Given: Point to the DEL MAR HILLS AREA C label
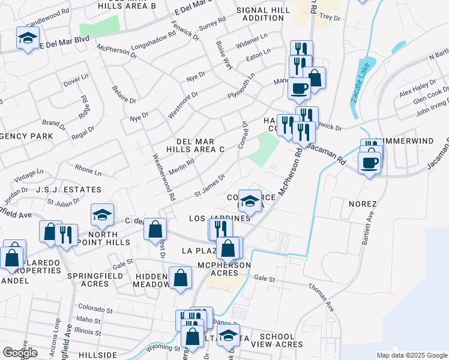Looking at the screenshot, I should (196, 145).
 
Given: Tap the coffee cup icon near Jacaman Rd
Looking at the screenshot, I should (370, 163).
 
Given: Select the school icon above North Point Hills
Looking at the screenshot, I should (102, 214).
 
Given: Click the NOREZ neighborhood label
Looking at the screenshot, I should (363, 204).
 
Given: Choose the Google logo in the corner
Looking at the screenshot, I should (20, 353).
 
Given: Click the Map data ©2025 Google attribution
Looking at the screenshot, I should (412, 355).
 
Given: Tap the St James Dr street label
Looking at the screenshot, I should (209, 185).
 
